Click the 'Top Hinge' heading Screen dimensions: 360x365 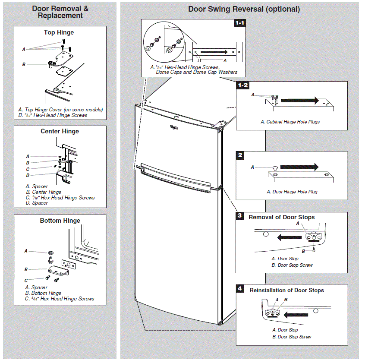pyautogui.click(x=59, y=32)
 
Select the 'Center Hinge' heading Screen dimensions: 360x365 pyautogui.click(x=60, y=131)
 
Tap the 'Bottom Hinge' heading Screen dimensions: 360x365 pyautogui.click(x=60, y=221)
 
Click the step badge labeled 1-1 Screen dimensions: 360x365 pyautogui.click(x=239, y=23)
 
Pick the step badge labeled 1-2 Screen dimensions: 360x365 pyautogui.click(x=242, y=85)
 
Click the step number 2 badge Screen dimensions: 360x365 pyautogui.click(x=240, y=155)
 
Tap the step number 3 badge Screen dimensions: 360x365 pyautogui.click(x=240, y=215)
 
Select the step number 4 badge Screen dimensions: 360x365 pyautogui.click(x=240, y=288)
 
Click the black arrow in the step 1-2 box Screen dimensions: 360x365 pyautogui.click(x=299, y=101)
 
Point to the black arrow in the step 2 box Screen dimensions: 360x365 pyautogui.click(x=299, y=167)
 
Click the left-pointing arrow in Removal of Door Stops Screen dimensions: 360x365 pyautogui.click(x=289, y=237)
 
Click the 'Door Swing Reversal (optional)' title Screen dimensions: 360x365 pyautogui.click(x=244, y=9)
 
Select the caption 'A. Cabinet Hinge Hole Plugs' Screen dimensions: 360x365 pyautogui.click(x=290, y=122)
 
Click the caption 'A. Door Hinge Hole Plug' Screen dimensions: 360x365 pyautogui.click(x=292, y=192)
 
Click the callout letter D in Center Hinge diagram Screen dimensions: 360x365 pyautogui.click(x=28, y=175)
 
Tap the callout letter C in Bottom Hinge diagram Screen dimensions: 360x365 pyautogui.click(x=26, y=280)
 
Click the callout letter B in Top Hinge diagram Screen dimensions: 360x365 pyautogui.click(x=24, y=65)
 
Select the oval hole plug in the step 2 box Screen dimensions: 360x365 pyautogui.click(x=275, y=168)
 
